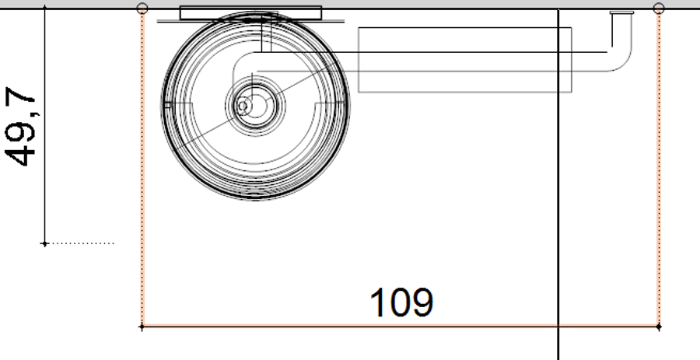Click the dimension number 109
[x=401, y=302]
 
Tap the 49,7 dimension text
[x=20, y=127]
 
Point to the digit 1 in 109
[x=378, y=302]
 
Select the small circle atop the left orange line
[x=142, y=8]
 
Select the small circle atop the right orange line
[x=659, y=8]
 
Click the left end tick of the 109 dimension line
[x=142, y=327]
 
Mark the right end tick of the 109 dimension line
[x=659, y=327]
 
